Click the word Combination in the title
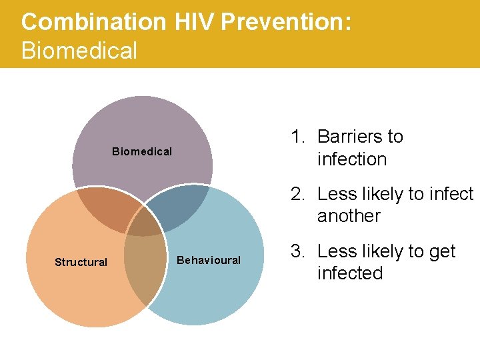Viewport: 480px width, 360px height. (x=93, y=22)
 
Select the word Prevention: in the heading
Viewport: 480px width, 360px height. (x=286, y=22)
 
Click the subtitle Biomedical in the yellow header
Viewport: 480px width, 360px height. (x=79, y=51)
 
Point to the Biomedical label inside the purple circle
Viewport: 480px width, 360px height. (x=142, y=151)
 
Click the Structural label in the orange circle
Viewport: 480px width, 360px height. (x=81, y=262)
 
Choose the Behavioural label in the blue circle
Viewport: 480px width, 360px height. (x=209, y=260)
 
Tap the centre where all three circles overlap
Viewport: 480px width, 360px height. (x=144, y=223)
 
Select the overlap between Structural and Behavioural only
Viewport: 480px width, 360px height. (x=143, y=267)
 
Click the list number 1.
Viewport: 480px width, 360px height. (x=297, y=137)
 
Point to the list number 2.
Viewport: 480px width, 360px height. (x=297, y=194)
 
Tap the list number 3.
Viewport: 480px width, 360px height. (x=297, y=251)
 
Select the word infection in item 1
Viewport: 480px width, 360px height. (x=352, y=159)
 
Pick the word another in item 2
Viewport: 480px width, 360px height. (x=349, y=216)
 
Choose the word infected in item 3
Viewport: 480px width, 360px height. (x=350, y=273)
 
